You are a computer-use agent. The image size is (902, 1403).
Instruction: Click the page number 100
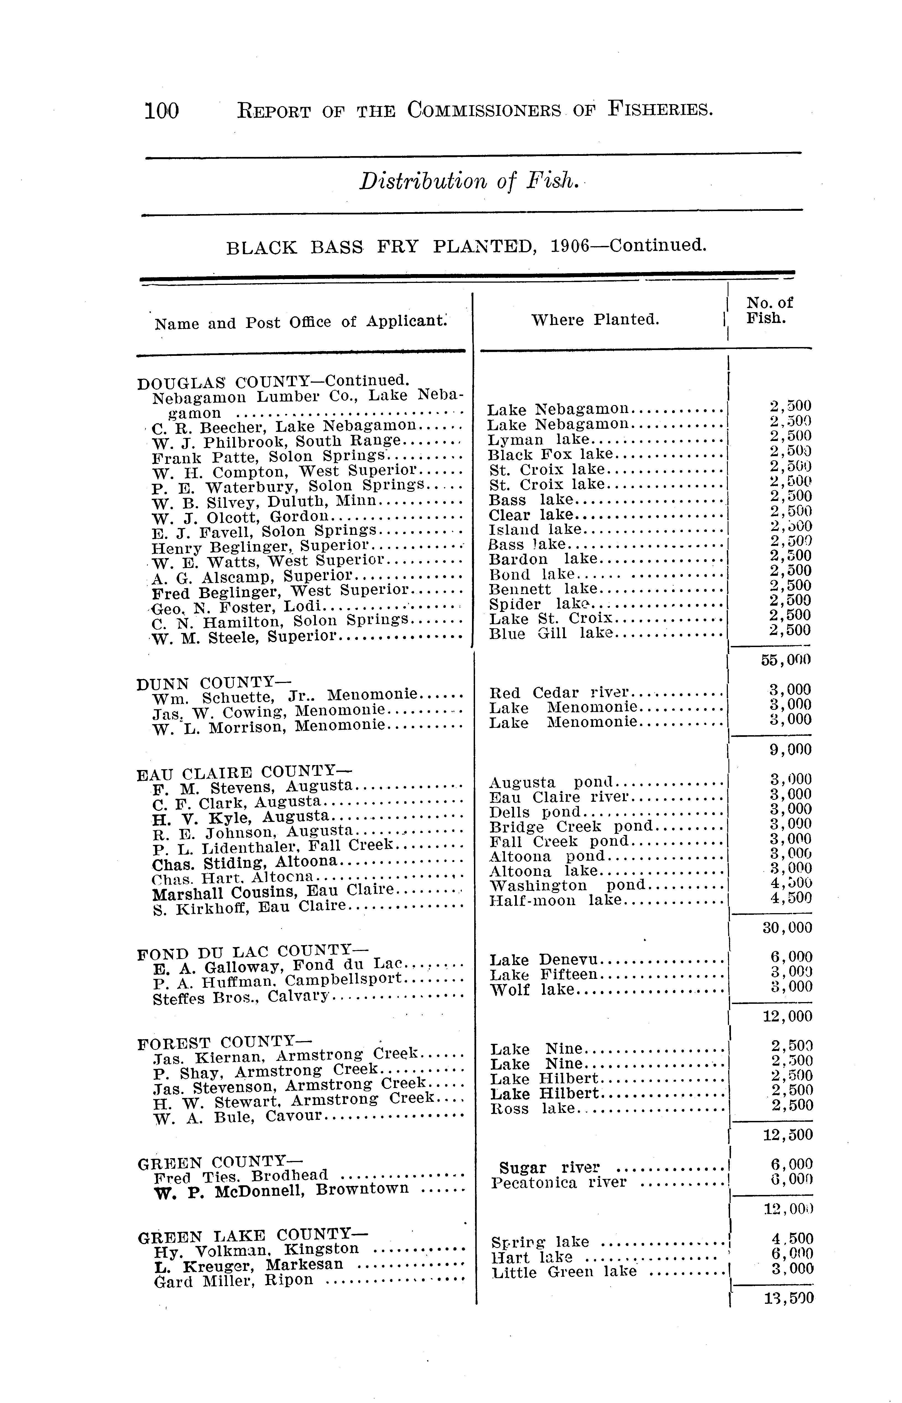point(162,110)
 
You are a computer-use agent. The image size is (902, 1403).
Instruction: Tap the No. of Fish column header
point(769,310)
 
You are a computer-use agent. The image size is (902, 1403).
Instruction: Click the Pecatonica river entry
point(559,1183)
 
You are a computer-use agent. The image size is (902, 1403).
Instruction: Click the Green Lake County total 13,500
point(788,1299)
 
